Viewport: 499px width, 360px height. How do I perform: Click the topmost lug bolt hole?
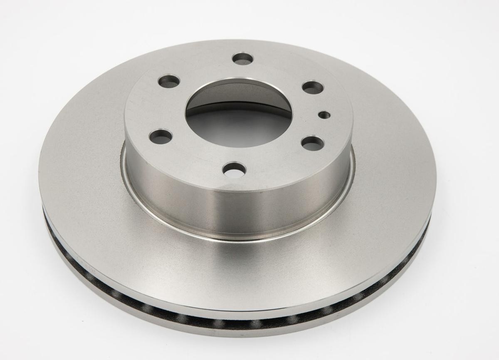[x=242, y=58]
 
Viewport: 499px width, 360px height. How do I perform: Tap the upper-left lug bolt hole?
[x=169, y=81]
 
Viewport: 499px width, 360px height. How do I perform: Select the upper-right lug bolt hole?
[x=313, y=87]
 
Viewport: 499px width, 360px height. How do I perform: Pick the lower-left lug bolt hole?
[x=161, y=136]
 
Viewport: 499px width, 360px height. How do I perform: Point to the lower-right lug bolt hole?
[x=313, y=143]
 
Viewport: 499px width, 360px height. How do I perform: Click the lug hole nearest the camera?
[x=235, y=169]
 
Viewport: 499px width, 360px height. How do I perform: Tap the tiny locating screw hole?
[x=324, y=114]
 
